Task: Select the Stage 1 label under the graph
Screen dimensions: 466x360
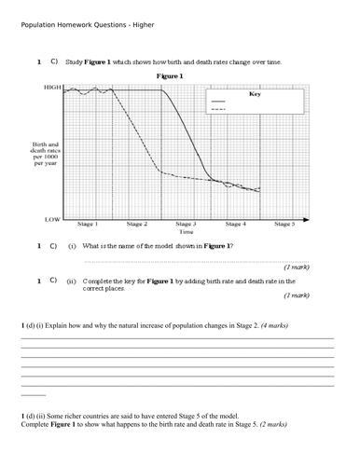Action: (x=88, y=224)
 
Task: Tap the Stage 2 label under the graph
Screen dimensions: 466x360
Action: (x=137, y=224)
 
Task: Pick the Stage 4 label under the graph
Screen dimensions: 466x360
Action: (x=235, y=224)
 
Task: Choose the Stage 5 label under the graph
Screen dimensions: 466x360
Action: (x=284, y=224)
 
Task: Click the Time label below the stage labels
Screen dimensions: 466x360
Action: (x=186, y=232)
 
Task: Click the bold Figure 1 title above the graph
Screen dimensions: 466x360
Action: (x=170, y=75)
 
